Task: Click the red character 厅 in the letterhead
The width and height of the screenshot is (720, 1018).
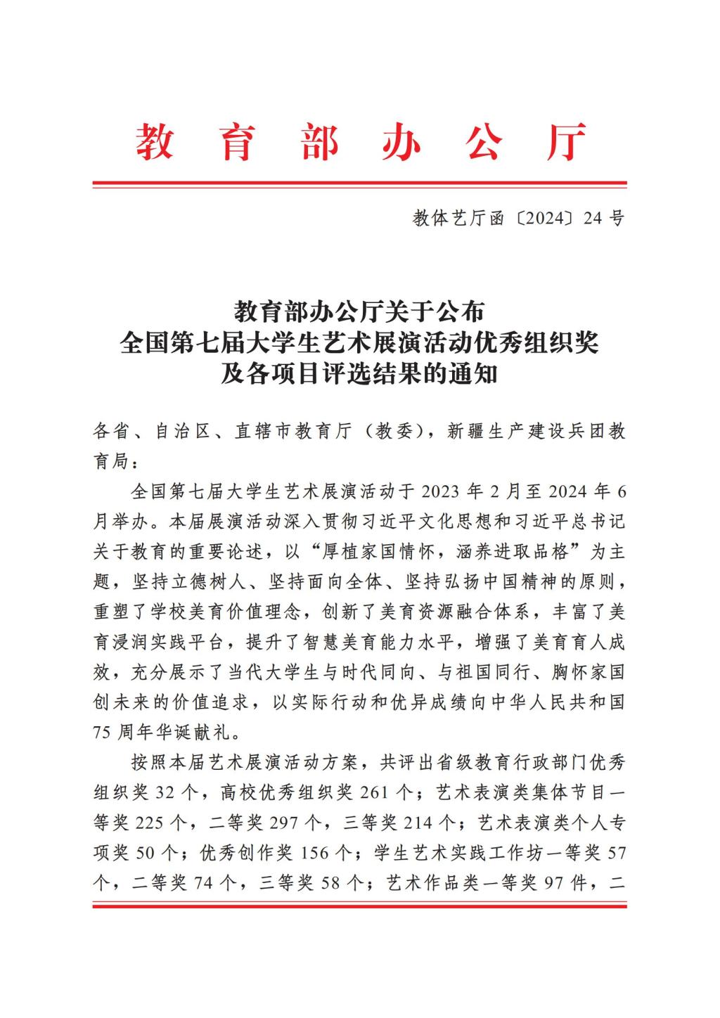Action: pyautogui.click(x=566, y=142)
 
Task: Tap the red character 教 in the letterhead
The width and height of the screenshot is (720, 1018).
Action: pyautogui.click(x=154, y=142)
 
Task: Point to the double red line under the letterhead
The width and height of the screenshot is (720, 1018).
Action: pyautogui.click(x=359, y=185)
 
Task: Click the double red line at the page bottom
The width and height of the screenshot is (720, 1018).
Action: pyautogui.click(x=359, y=906)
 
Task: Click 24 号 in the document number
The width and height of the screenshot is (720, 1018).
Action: pyautogui.click(x=604, y=219)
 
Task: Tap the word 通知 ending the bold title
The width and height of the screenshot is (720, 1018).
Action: pyautogui.click(x=475, y=373)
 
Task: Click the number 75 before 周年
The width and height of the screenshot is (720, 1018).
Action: pyautogui.click(x=103, y=733)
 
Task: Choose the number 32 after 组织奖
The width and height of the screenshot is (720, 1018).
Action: pyautogui.click(x=164, y=793)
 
